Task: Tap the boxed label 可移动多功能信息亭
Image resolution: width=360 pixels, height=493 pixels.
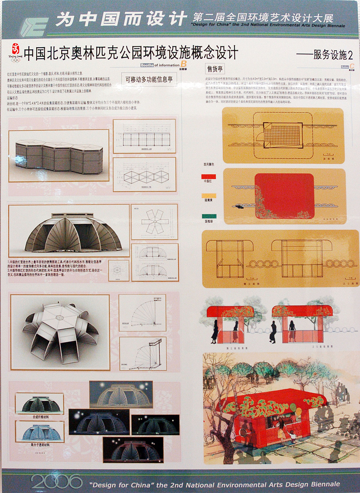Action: coord(149,79)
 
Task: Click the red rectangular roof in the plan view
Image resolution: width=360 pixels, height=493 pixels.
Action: coord(284,196)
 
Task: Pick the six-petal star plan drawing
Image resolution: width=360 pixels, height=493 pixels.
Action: coord(154,222)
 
